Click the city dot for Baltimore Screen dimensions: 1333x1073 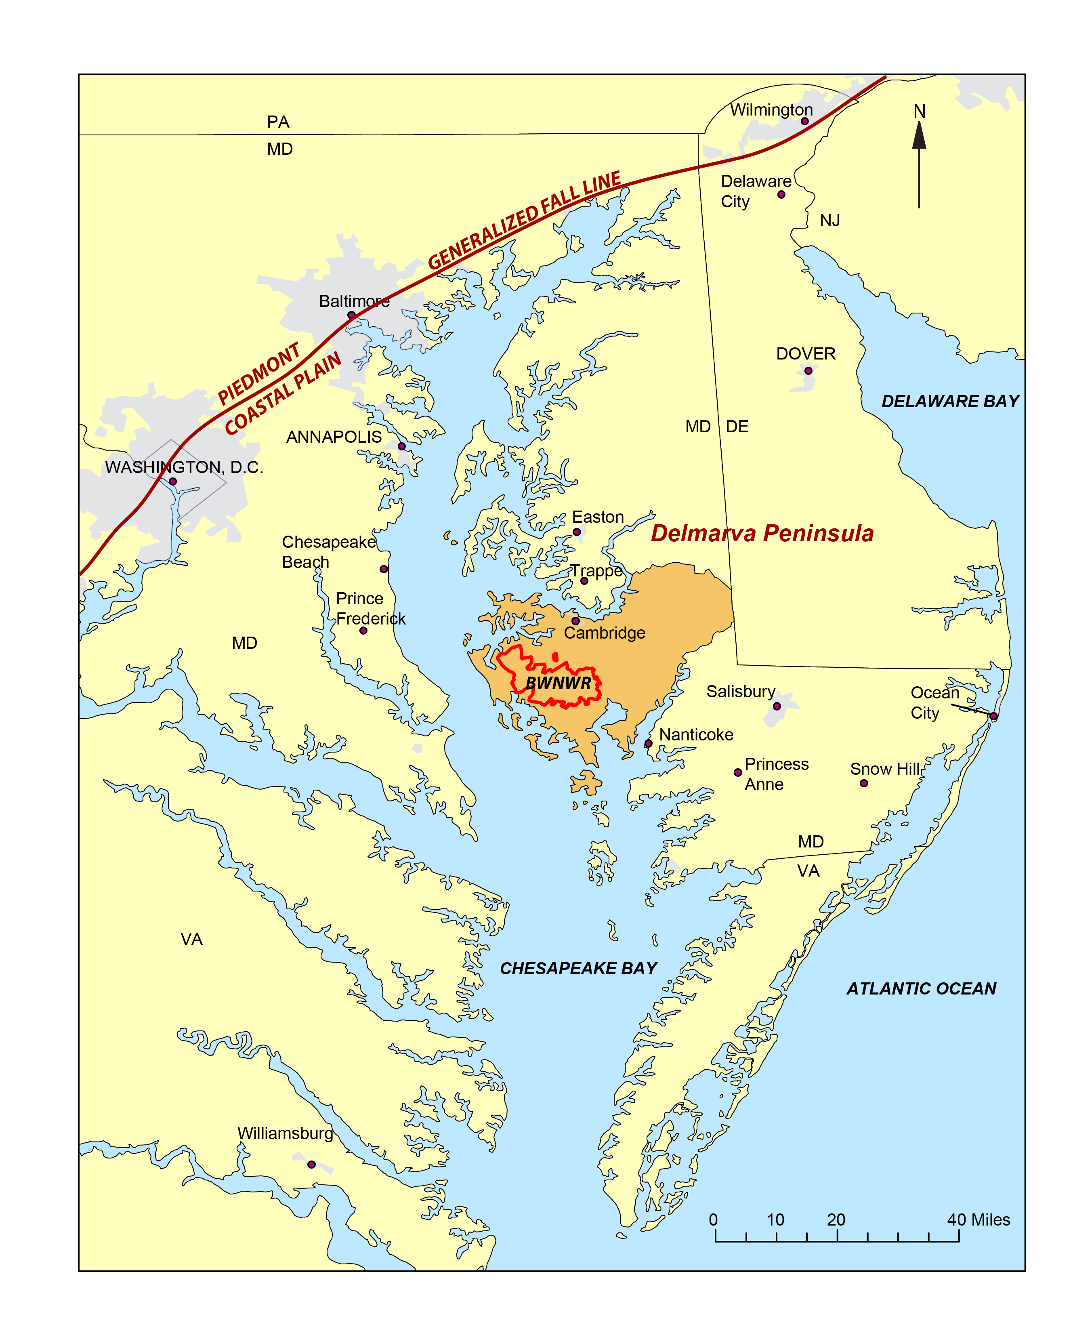351,315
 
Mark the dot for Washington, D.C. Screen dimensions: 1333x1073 173,481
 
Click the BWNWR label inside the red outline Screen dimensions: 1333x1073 558,683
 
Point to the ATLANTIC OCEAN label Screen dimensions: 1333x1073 921,988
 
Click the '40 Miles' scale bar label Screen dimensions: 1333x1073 979,1220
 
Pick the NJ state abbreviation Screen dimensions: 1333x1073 829,221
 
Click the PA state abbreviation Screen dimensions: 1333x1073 278,122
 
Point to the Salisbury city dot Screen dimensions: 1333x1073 777,706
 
